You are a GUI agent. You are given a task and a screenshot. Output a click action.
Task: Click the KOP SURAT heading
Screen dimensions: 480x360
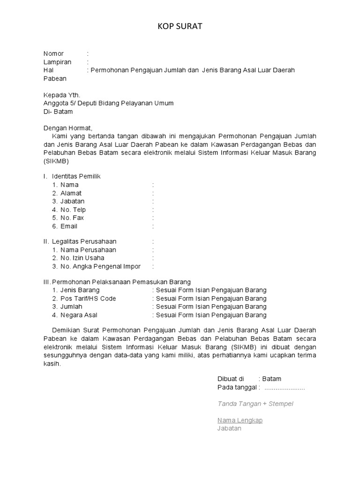pos(180,27)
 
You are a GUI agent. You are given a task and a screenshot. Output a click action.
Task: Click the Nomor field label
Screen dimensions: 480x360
pos(53,53)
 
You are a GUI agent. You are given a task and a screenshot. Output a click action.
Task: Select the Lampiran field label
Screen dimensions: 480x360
pos(57,62)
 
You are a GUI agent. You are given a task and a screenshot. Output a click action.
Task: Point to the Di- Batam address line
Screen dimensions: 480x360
pos(58,112)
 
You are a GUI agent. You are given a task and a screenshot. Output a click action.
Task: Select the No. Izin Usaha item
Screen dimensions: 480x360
pos(82,258)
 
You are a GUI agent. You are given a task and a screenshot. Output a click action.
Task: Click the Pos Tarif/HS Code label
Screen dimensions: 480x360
pos(88,298)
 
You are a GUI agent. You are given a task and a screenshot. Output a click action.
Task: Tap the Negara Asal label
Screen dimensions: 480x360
pos(79,315)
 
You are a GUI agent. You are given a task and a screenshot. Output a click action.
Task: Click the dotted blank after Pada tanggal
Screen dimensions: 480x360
pos(285,387)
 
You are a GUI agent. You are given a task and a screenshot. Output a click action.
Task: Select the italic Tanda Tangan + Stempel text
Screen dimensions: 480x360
pos(255,404)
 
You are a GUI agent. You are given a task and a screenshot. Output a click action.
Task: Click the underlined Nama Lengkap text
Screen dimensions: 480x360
pos(240,420)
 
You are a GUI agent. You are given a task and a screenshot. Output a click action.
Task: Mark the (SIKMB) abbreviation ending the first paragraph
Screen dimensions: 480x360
pos(56,161)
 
